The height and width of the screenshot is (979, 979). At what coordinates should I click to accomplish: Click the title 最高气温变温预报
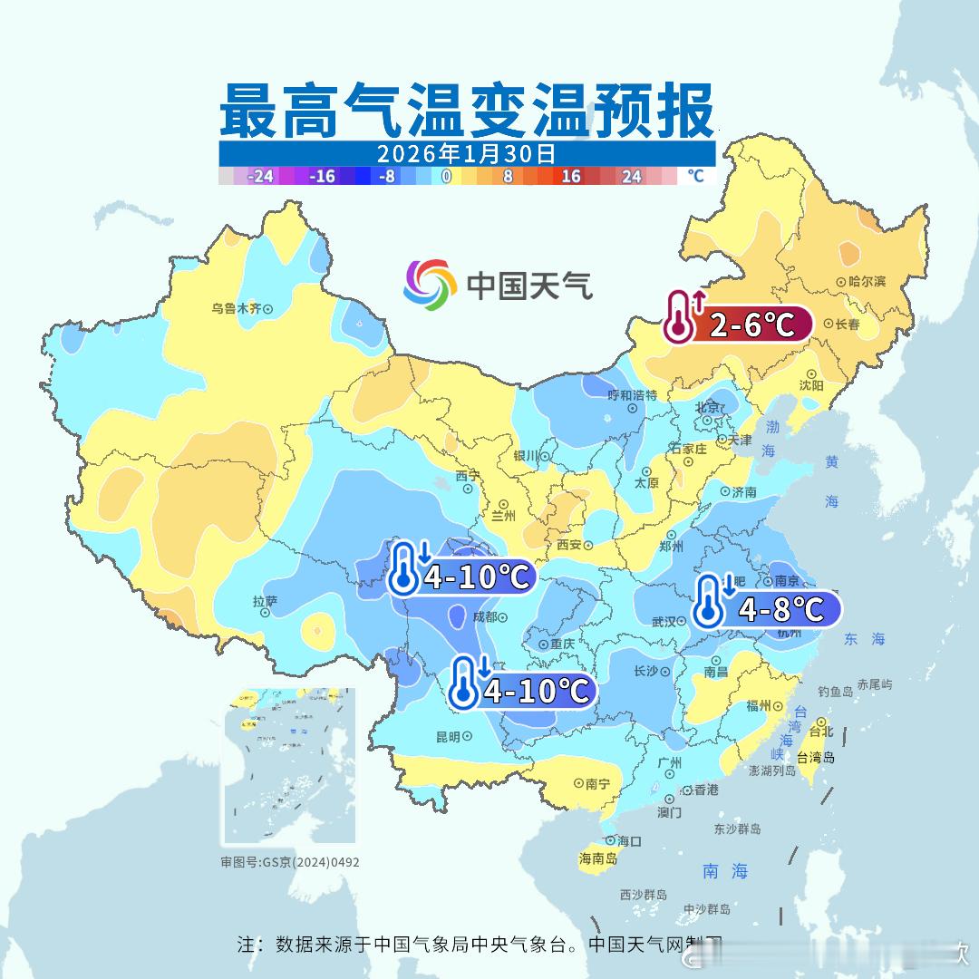click(466, 110)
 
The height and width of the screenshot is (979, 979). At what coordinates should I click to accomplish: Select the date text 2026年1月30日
click(466, 153)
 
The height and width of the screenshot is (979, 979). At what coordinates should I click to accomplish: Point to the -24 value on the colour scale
click(260, 177)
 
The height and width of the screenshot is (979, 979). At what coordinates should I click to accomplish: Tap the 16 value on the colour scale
click(570, 177)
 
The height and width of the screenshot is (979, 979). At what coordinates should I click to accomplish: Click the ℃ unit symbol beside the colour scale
click(695, 176)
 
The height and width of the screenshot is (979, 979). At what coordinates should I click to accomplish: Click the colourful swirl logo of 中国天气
click(430, 284)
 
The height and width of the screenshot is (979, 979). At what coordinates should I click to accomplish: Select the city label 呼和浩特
click(632, 395)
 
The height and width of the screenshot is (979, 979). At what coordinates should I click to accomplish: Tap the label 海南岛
click(597, 858)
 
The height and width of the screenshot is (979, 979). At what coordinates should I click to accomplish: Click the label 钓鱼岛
click(835, 691)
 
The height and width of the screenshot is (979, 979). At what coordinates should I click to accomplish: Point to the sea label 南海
click(725, 871)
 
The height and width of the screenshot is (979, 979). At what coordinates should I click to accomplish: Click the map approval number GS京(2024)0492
click(290, 862)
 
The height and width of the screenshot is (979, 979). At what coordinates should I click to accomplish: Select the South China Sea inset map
click(289, 766)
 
